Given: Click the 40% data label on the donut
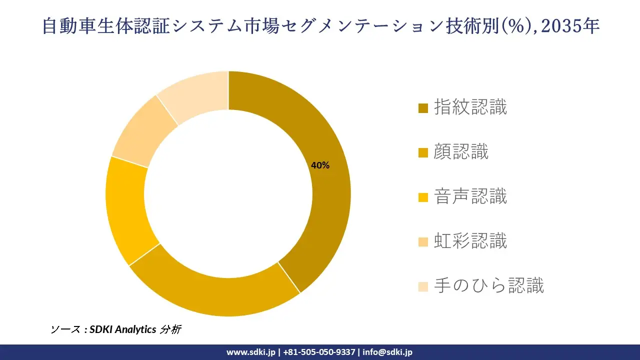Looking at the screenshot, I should pyautogui.click(x=320, y=165).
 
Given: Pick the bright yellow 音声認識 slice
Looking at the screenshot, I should pyautogui.click(x=125, y=210).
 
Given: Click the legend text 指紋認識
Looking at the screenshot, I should pyautogui.click(x=470, y=107).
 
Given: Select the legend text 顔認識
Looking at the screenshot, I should pyautogui.click(x=461, y=152).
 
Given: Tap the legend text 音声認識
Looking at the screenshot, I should pyautogui.click(x=470, y=196).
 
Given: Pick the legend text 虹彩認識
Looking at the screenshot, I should pyautogui.click(x=470, y=241).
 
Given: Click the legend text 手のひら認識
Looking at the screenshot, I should pyautogui.click(x=489, y=286).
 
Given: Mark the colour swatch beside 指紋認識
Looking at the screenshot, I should pyautogui.click(x=423, y=108).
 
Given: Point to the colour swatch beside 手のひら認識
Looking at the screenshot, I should pyautogui.click(x=423, y=287).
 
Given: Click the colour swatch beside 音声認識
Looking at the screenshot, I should pyautogui.click(x=423, y=197).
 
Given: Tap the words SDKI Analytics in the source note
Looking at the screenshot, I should pyautogui.click(x=123, y=329).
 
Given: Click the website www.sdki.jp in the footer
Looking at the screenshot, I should pyautogui.click(x=251, y=352).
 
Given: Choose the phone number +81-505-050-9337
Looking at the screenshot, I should pyautogui.click(x=319, y=352).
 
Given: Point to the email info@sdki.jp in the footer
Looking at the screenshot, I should pyautogui.click(x=387, y=352).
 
